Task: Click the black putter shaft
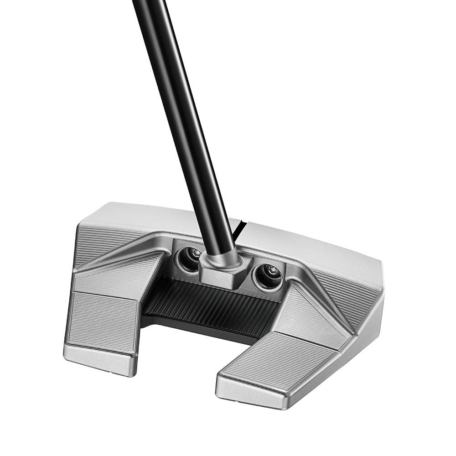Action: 182,114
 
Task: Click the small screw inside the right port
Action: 272,269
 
